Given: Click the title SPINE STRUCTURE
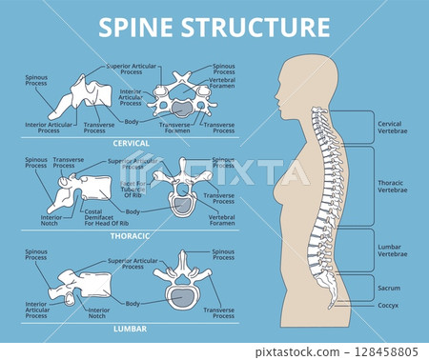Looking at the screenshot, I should click(214, 27).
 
